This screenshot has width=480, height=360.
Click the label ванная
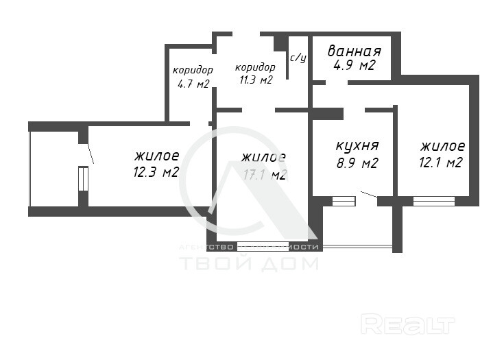tap(354, 51)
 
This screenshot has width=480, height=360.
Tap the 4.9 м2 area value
tap(354, 66)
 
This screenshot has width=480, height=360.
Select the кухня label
tap(357, 146)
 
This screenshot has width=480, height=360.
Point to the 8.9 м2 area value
tap(357, 163)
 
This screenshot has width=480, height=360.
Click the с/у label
tap(298, 58)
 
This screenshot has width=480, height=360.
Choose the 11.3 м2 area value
tap(255, 80)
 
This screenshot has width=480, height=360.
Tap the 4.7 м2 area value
tap(193, 84)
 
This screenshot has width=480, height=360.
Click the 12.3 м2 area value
tap(156, 172)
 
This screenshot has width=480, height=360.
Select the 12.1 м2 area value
tap(442, 163)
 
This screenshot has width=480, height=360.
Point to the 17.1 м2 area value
tap(264, 175)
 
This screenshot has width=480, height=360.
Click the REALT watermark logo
tap(408, 324)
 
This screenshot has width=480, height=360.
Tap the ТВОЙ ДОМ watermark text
tap(248, 264)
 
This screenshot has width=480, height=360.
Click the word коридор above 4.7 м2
tap(193, 71)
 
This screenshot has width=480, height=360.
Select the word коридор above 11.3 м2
tap(255, 67)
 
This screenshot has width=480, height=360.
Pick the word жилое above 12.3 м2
tap(157, 156)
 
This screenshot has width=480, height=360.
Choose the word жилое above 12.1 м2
tap(442, 146)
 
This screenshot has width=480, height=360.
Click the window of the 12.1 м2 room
tap(434, 201)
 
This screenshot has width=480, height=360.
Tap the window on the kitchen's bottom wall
tap(344, 201)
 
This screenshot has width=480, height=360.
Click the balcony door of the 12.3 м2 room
tap(83, 178)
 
